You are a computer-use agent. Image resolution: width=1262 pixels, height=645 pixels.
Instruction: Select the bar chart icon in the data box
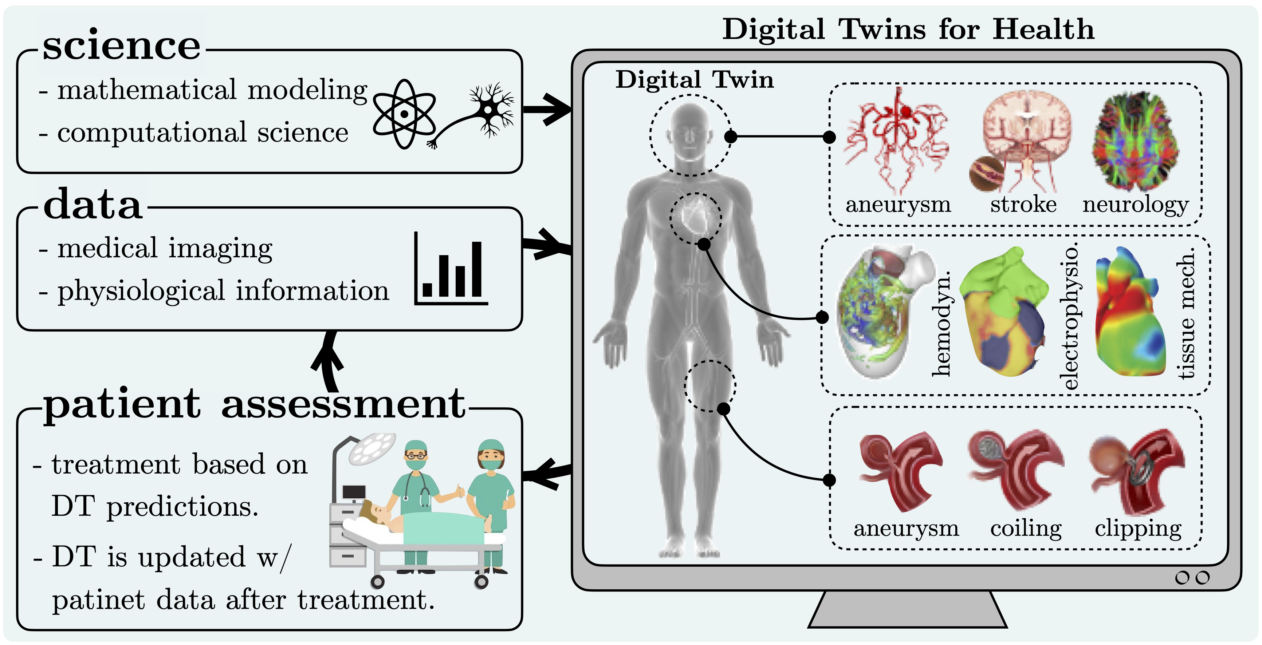pos(451,269)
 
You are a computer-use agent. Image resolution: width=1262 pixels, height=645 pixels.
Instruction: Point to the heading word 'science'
pos(122,45)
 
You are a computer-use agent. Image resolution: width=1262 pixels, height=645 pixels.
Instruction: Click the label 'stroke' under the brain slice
pos(1023,204)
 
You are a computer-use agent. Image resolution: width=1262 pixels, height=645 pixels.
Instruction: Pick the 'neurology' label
pos(1136,204)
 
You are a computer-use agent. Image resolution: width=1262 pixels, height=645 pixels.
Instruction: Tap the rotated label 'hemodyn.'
pos(941,323)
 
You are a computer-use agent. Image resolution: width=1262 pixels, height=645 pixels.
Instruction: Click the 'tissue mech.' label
pos(1186,313)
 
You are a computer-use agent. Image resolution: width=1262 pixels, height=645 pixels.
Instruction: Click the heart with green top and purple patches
pos(1002,313)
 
